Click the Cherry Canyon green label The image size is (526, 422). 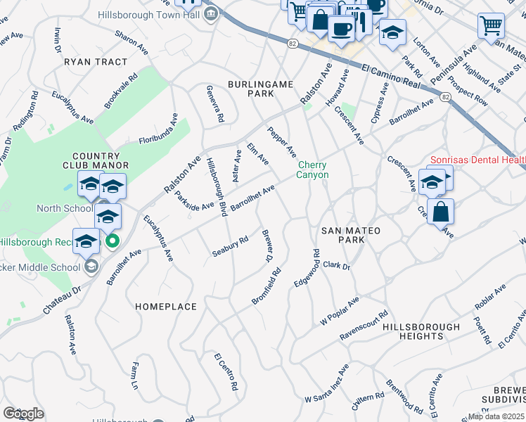(x=312, y=170)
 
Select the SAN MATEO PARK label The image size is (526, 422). (x=350, y=235)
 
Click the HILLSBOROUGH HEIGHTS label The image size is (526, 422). (x=421, y=331)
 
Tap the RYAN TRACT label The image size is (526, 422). (x=96, y=62)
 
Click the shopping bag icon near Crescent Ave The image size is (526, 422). (x=440, y=212)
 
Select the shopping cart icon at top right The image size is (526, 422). (x=491, y=25)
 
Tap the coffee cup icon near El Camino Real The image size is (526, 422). (x=341, y=30)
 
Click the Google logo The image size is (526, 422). (x=23, y=414)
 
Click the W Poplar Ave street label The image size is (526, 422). (x=340, y=309)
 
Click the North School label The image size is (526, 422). (x=64, y=208)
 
